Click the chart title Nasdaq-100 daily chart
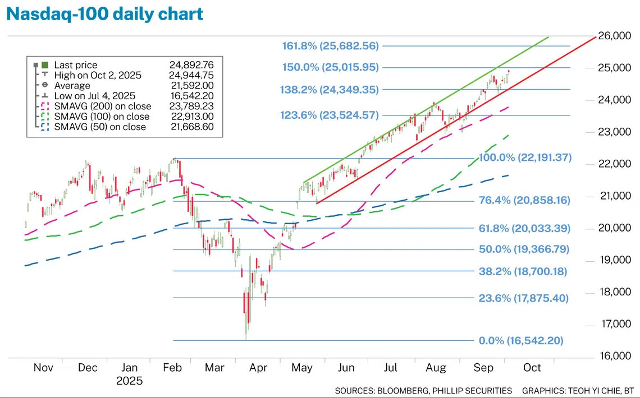pos(105,14)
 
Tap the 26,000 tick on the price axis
pos(614,36)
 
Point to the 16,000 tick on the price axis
pos(614,356)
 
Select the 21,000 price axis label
pos(614,196)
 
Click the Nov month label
pos(43,368)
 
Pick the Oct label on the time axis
pos(532,368)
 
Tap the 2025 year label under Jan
pos(130,381)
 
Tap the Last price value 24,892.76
pos(195,65)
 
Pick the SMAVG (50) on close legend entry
pos(100,127)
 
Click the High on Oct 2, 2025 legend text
pos(98,75)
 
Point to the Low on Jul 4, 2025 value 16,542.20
pos(195,96)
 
